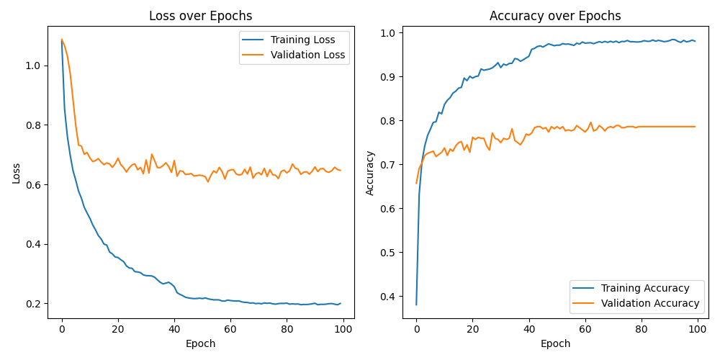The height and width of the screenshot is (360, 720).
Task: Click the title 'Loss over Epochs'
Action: [200, 16]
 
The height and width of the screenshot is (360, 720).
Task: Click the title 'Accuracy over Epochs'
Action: [555, 16]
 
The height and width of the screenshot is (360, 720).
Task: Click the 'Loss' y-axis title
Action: [16, 172]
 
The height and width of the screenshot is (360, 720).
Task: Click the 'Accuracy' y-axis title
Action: [370, 172]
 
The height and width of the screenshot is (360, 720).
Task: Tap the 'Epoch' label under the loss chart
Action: [200, 343]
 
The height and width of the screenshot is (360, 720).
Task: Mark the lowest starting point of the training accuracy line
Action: [416, 305]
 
